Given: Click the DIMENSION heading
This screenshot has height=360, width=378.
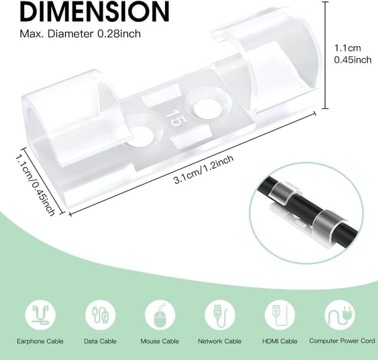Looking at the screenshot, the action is [94, 11].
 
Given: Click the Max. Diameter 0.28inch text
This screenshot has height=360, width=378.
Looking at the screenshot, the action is [80, 34].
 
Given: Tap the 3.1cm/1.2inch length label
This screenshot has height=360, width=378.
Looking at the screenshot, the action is [203, 169].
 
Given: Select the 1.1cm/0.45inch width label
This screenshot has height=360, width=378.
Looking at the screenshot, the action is [35, 185].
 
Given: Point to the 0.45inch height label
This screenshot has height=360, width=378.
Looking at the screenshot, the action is [353, 60].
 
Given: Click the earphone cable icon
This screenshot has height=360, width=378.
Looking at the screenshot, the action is [40, 315].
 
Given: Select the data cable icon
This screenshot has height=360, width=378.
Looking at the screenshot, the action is [100, 315].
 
